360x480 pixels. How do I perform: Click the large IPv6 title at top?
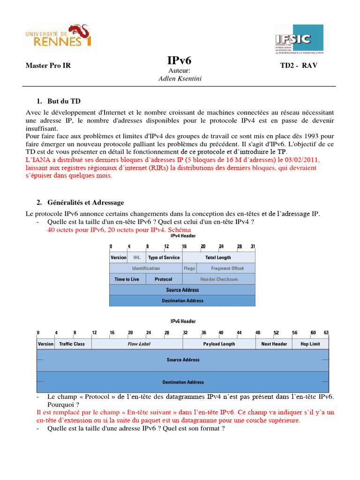tap(180, 61)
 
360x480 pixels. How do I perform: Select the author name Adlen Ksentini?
tap(180, 79)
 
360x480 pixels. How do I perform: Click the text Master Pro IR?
tap(48, 66)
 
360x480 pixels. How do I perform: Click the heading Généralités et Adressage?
tap(85, 202)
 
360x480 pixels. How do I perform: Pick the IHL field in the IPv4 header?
tap(137, 257)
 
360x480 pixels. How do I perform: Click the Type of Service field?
tap(164, 257)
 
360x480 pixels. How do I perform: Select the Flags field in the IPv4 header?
tap(189, 269)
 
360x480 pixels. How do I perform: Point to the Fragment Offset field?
tap(227, 269)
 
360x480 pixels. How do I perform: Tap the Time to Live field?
tap(127, 279)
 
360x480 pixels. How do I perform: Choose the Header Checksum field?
tap(219, 279)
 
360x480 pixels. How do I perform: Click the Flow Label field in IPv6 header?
tap(139, 344)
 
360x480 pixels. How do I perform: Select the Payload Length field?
tap(219, 344)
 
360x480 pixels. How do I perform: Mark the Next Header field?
tap(274, 344)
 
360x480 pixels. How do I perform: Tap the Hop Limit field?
tap(310, 344)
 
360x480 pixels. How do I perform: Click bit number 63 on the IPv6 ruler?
tap(326, 332)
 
